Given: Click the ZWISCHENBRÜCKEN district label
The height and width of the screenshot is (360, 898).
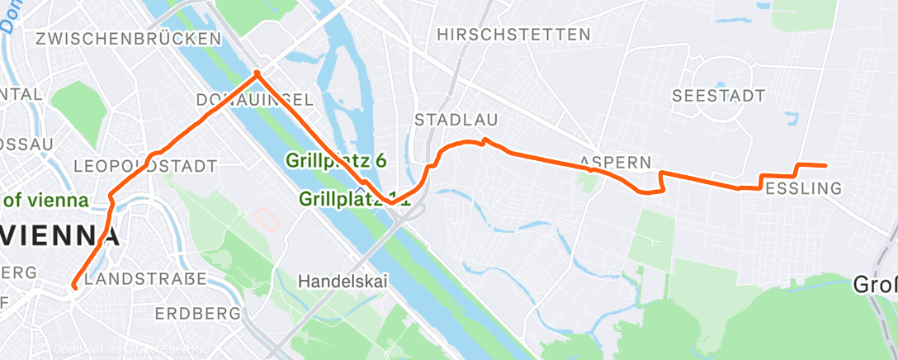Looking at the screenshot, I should [128, 39].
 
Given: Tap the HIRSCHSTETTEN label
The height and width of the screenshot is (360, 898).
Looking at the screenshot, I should [514, 35].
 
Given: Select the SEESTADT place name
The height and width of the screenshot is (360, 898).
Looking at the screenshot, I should [719, 96].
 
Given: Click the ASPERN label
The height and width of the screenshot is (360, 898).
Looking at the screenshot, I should [616, 161].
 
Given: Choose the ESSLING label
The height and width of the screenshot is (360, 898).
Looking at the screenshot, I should [803, 189].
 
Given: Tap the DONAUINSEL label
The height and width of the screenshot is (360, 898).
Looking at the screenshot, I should [254, 100].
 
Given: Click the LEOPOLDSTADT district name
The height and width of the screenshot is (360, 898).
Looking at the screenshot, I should [145, 167].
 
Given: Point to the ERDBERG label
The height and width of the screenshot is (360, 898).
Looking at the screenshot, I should [196, 314].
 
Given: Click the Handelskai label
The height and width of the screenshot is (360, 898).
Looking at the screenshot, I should [343, 282].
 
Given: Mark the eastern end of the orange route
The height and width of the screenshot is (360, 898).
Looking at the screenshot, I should [825, 165].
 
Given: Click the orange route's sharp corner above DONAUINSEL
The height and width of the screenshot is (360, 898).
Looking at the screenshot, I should [257, 73].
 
